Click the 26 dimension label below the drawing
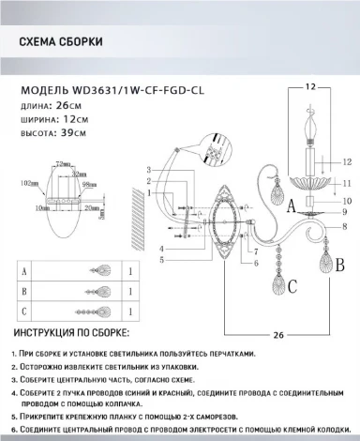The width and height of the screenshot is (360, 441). [x=277, y=334]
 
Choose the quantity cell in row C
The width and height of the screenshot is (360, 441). [x=127, y=311]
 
